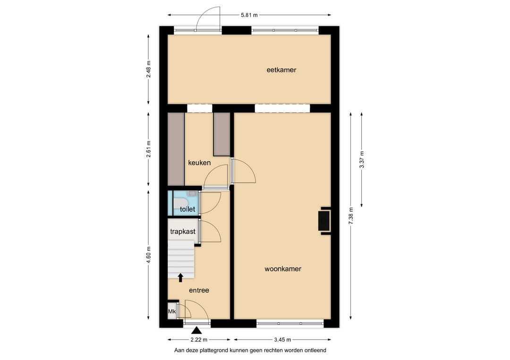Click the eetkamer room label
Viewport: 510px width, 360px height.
coord(281,70)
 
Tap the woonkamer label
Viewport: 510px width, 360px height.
coord(283,268)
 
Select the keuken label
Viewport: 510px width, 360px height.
coord(199,162)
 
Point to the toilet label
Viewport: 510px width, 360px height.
coord(187,209)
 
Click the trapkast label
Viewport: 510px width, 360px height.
coord(183,231)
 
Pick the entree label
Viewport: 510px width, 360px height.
coord(199,290)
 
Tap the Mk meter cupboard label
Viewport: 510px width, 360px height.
coord(172,311)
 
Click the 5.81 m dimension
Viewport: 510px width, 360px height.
coord(249,15)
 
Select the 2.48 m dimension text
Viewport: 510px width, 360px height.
coord(148,69)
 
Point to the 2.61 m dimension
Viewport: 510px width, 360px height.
coord(148,149)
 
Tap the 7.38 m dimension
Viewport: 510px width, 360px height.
coord(350,216)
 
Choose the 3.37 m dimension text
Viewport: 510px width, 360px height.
coord(362,159)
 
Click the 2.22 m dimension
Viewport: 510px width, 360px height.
coord(199,340)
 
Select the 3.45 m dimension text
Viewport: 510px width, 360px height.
coord(282,340)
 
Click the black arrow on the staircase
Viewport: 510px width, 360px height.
coord(180,277)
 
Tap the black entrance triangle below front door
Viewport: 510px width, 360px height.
coord(196,331)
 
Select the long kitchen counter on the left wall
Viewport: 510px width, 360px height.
coord(176,149)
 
